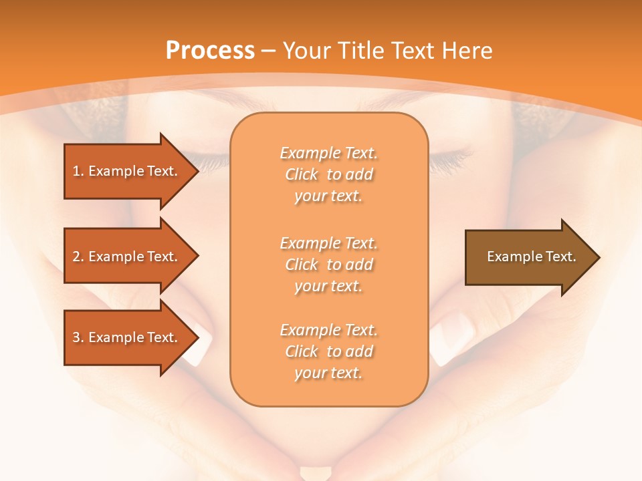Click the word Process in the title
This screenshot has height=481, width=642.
210,51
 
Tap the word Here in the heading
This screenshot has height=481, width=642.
466,51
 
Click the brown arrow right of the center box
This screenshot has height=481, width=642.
528,257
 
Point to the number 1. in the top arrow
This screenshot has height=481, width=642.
78,171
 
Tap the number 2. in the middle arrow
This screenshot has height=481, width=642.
78,257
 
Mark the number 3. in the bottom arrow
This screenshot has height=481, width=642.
78,337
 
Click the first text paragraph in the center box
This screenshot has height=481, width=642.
328,174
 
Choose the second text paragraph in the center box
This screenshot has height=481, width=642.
328,265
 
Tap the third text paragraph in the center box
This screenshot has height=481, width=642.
328,351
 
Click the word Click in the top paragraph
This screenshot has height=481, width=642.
302,174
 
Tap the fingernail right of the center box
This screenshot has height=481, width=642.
450,337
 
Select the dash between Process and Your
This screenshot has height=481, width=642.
269,51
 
